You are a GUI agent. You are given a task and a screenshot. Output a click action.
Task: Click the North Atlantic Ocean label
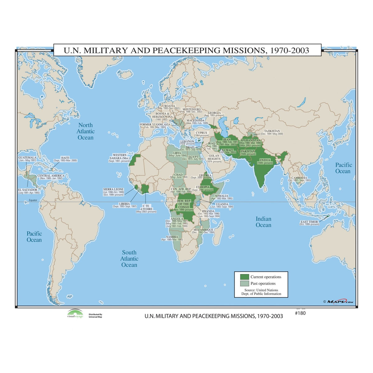tap(85, 131)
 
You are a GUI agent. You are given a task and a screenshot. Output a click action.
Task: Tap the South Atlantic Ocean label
tap(129, 259)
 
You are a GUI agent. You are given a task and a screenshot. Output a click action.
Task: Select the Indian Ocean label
tap(263, 222)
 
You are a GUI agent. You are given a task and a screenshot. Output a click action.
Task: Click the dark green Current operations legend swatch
tap(245, 277)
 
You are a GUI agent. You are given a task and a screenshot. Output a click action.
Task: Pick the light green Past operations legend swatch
tap(245, 283)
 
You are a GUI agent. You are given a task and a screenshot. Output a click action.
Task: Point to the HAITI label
tap(65, 158)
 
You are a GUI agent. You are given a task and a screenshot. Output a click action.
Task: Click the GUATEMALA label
tap(27, 158)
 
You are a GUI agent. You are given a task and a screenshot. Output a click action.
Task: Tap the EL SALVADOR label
tap(28, 190)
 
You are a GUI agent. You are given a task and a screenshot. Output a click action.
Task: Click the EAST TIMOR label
tap(309, 222)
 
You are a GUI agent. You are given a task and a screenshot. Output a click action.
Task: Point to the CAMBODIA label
tap(299, 178)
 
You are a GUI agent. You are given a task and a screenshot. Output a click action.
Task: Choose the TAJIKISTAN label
tap(272, 131)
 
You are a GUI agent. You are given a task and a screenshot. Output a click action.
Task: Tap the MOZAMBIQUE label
tap(203, 230)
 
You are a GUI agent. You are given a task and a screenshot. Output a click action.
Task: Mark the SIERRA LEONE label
tap(113, 189)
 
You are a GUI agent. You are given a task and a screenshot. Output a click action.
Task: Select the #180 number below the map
tap(300, 313)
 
